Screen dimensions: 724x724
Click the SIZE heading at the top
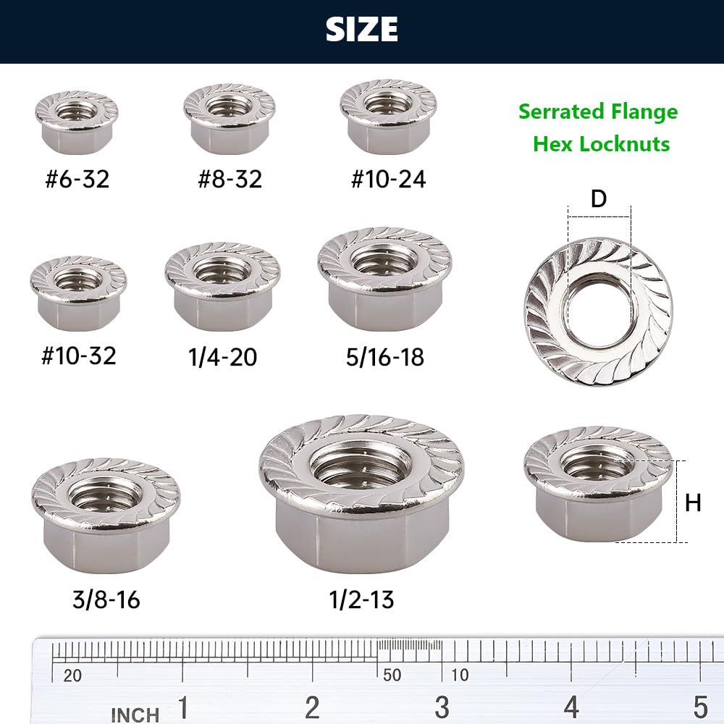[361, 29]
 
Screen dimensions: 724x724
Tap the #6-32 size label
[77, 179]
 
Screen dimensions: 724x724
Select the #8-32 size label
[230, 179]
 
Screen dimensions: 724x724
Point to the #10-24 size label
[388, 179]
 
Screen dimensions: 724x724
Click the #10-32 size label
[79, 355]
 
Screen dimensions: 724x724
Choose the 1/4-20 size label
[222, 357]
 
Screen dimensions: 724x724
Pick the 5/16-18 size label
[385, 357]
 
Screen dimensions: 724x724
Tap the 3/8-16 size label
[106, 599]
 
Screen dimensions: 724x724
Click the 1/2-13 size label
[361, 599]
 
